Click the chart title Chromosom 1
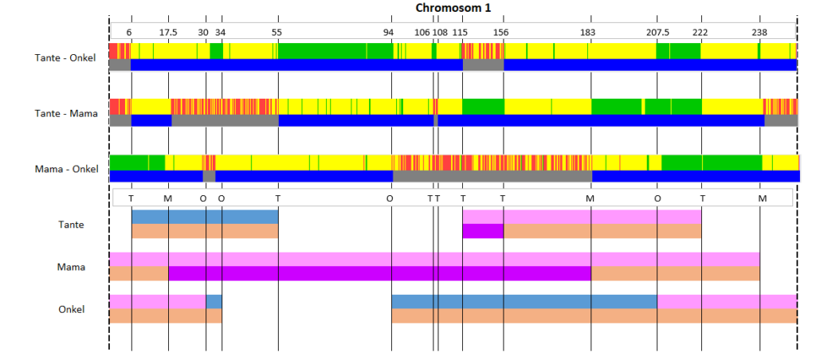453,8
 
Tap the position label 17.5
168,32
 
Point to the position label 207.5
657,32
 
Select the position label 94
388,32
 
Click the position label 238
759,32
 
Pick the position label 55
277,32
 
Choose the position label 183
587,32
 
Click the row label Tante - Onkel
65,58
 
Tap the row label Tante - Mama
66,113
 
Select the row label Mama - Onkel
66,169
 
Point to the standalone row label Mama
71,267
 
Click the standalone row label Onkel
71,309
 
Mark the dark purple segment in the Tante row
483,231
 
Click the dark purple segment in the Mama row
380,274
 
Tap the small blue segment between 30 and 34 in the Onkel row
214,302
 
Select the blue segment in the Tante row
205,217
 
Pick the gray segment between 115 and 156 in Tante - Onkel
484,65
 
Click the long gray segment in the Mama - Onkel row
492,176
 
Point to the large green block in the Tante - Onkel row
335,51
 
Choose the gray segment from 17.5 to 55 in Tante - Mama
225,120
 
